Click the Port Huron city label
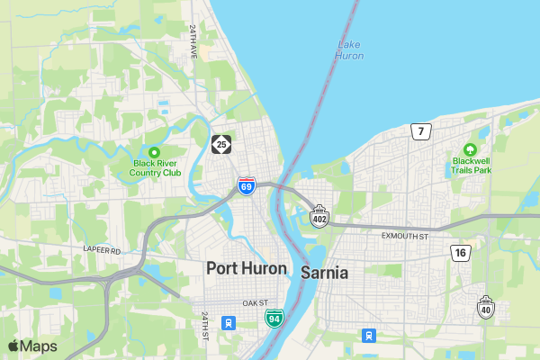pyautogui.click(x=247, y=268)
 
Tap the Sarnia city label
pyautogui.click(x=325, y=272)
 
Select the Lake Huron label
pyautogui.click(x=349, y=50)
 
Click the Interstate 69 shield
pyautogui.click(x=247, y=186)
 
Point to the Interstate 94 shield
pyautogui.click(x=274, y=318)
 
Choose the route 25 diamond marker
pyautogui.click(x=221, y=144)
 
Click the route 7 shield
pyautogui.click(x=420, y=132)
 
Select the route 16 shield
pyautogui.click(x=461, y=253)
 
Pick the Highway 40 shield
pyautogui.click(x=486, y=307)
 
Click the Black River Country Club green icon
pyautogui.click(x=154, y=152)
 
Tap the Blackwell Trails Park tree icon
pyautogui.click(x=469, y=149)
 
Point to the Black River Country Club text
pyautogui.click(x=157, y=167)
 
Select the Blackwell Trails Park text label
pyautogui.click(x=472, y=165)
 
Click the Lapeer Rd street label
pyautogui.click(x=102, y=250)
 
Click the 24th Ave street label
pyautogui.click(x=193, y=41)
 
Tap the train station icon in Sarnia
pyautogui.click(x=368, y=336)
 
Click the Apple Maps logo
pyautogui.click(x=32, y=346)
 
